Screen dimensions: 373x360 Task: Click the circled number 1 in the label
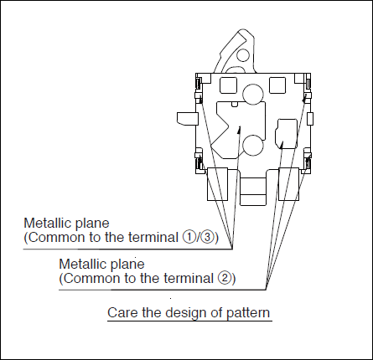pyautogui.click(x=189, y=238)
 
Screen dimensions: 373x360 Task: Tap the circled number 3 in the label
pyautogui.click(x=208, y=238)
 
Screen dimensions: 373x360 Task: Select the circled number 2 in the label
pyautogui.click(x=224, y=278)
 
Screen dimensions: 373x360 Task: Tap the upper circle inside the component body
pyautogui.click(x=253, y=95)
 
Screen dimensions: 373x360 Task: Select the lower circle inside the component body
pyautogui.click(x=253, y=146)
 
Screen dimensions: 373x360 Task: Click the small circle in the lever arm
pyautogui.click(x=243, y=55)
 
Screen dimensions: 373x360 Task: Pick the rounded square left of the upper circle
pyautogui.click(x=228, y=85)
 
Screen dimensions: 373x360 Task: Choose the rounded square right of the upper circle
pyautogui.click(x=277, y=85)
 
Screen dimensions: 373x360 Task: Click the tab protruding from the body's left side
pyautogui.click(x=188, y=118)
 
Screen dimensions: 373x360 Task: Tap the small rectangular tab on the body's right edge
pyautogui.click(x=310, y=119)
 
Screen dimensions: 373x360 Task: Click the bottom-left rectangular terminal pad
pyautogui.click(x=217, y=184)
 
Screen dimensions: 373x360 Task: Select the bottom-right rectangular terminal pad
pyautogui.click(x=289, y=184)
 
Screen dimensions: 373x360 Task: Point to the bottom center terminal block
pyautogui.click(x=253, y=191)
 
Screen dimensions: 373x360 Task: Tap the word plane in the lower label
pyautogui.click(x=128, y=265)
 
